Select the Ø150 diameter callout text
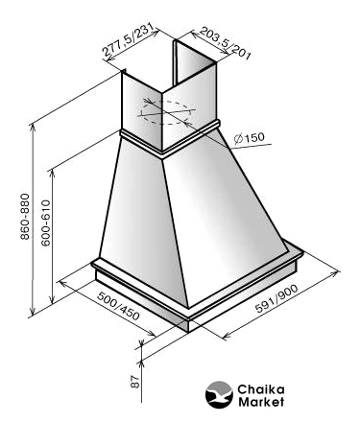pyautogui.click(x=250, y=138)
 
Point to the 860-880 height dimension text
pyautogui.click(x=25, y=217)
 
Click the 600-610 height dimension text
pyautogui.click(x=46, y=223)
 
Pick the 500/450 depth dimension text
pyautogui.click(x=118, y=306)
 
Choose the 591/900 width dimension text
pyautogui.click(x=276, y=298)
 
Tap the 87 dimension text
pyautogui.click(x=135, y=382)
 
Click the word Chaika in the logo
pyautogui.click(x=261, y=389)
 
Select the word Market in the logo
pyautogui.click(x=261, y=402)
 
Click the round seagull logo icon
pyautogui.click(x=219, y=395)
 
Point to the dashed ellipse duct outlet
pyautogui.click(x=165, y=112)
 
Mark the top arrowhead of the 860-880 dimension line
pyautogui.click(x=32, y=126)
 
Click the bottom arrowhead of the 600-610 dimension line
pyautogui.click(x=52, y=301)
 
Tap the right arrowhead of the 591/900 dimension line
pyautogui.click(x=336, y=272)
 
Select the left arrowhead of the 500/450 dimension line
pyautogui.click(x=62, y=283)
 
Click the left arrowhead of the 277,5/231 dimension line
pyautogui.click(x=109, y=59)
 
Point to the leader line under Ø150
pyautogui.click(x=252, y=147)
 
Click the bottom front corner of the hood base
pyautogui.click(x=188, y=332)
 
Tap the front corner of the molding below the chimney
pyautogui.click(x=162, y=155)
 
